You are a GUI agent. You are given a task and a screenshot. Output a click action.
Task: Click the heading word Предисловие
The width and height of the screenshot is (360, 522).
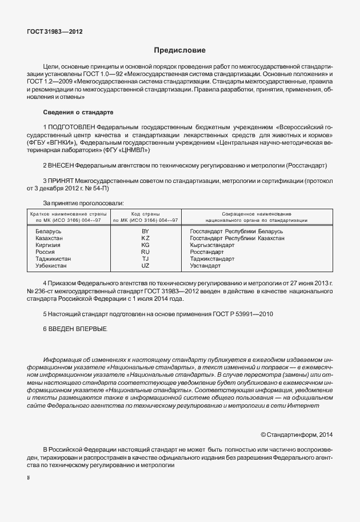pyautogui.click(x=179, y=51)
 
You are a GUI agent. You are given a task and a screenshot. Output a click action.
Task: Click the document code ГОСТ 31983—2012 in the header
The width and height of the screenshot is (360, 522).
pyautogui.click(x=54, y=32)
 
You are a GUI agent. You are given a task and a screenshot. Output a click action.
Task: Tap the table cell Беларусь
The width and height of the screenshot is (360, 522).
pyautogui.click(x=49, y=231)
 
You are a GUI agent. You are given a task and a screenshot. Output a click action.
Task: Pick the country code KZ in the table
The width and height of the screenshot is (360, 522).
pyautogui.click(x=145, y=238)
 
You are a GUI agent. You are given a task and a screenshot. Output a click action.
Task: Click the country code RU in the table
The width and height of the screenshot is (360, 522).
pyautogui.click(x=145, y=252)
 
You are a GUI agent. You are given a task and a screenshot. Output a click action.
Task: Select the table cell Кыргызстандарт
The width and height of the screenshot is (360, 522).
pyautogui.click(x=212, y=245)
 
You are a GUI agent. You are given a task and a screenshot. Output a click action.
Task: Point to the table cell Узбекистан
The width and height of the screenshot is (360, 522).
pyautogui.click(x=51, y=266)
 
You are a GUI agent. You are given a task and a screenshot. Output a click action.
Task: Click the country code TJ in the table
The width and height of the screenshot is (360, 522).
pyautogui.click(x=145, y=258)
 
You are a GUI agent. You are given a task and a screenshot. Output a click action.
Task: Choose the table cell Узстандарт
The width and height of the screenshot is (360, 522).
pyautogui.click(x=205, y=266)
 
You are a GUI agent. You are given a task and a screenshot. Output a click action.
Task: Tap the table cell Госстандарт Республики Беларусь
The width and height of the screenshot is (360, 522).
pyautogui.click(x=236, y=231)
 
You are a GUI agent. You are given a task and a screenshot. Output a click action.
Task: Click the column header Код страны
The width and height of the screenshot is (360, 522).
pyautogui.click(x=145, y=213)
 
